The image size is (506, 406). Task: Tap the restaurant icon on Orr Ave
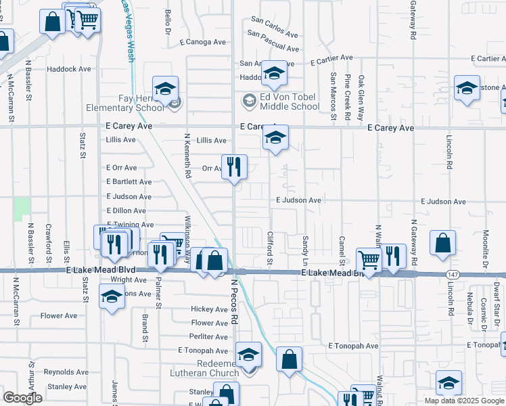click(234, 166)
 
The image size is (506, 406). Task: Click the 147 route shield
click(451, 273)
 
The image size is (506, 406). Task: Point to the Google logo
click(22, 398)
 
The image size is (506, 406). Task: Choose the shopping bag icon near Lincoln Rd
click(442, 244)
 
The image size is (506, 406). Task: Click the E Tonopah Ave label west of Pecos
click(203, 351)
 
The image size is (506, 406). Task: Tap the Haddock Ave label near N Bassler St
click(68, 69)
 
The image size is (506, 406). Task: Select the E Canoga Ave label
click(202, 42)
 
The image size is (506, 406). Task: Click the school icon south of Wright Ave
click(112, 296)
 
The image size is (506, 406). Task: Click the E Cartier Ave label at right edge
click(486, 59)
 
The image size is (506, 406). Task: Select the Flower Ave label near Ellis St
click(59, 315)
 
